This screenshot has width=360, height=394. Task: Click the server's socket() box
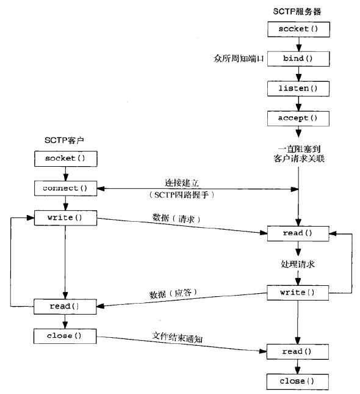pyautogui.click(x=298, y=29)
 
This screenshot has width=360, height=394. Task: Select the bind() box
pyautogui.click(x=298, y=59)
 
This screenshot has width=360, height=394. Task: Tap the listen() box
pyautogui.click(x=298, y=88)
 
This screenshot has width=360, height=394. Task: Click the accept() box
pyautogui.click(x=298, y=117)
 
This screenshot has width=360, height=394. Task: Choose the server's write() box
pyautogui.click(x=298, y=293)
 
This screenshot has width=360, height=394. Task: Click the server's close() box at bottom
pyautogui.click(x=298, y=382)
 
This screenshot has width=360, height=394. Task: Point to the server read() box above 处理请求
pyautogui.click(x=298, y=233)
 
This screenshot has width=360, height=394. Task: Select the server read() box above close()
pyautogui.click(x=298, y=352)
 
